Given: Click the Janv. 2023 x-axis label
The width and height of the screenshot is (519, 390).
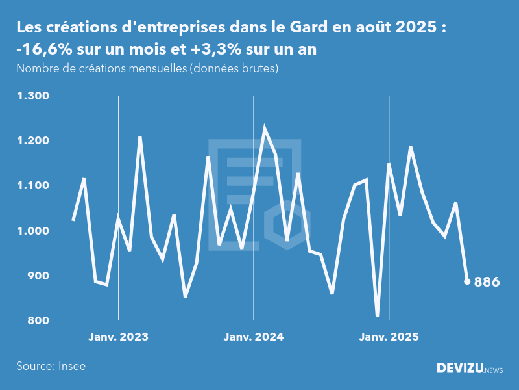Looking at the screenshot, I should coord(118,337).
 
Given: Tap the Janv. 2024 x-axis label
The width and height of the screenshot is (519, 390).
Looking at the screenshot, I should coord(254,337).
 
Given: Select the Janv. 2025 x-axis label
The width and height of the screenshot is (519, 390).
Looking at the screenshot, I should coord(389,337).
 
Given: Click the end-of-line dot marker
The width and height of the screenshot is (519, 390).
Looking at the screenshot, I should coord(467,281).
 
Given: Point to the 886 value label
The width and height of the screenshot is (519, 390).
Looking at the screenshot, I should coord(487,282).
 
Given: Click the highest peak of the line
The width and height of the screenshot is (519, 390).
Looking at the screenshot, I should coord(264,128).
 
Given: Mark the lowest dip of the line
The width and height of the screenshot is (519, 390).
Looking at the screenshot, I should coord(378,316).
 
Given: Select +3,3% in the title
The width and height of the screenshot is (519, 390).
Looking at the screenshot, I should coord(217,49).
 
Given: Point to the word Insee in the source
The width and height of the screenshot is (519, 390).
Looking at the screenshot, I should coord(71,366).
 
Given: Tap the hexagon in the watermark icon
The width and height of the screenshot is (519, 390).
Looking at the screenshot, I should coord(286,225).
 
